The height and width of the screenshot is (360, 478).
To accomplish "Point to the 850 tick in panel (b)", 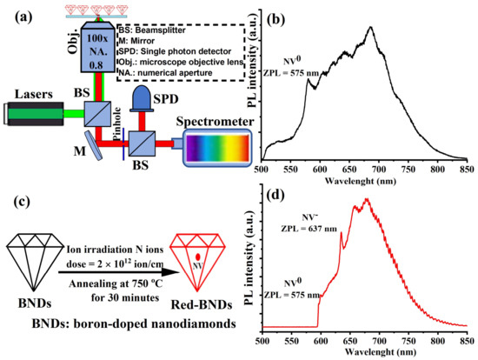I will coord(465,170).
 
